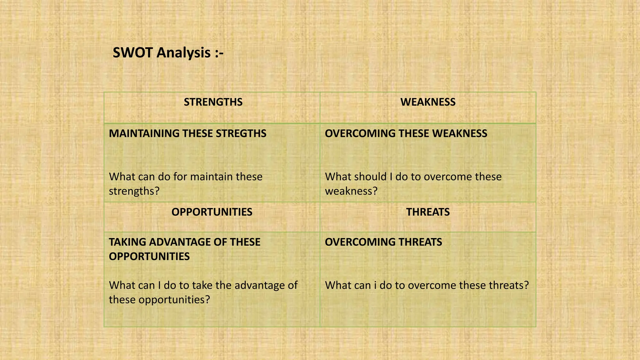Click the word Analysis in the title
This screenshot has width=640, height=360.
coord(183,52)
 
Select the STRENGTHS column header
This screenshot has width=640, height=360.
coord(213,102)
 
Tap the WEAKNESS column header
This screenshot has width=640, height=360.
coord(428,102)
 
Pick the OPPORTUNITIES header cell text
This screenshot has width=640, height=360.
coord(212,212)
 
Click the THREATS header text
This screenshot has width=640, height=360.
coord(428,212)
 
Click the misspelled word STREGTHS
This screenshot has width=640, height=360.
coord(241,133)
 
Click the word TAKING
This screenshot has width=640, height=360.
coord(127,242)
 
